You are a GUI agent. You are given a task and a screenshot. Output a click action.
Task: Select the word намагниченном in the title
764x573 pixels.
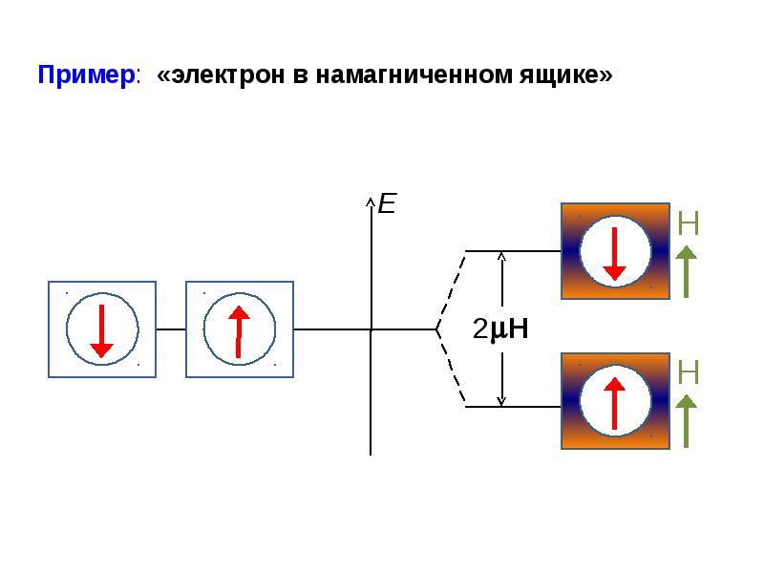414,75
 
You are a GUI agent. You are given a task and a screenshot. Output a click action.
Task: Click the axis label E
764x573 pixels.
388,203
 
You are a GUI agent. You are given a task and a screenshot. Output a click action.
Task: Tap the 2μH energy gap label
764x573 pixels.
500,329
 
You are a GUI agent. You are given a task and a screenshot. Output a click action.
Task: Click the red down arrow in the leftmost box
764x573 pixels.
101,331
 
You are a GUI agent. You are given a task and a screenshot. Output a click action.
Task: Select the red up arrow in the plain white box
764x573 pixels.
239,331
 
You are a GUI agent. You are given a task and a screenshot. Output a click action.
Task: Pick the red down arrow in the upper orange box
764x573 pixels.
614,254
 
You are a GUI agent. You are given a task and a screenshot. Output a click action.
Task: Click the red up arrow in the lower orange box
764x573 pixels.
614,404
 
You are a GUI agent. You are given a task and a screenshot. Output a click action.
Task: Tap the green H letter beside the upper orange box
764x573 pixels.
688,223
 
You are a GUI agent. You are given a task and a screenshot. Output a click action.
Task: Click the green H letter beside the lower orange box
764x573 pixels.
688,372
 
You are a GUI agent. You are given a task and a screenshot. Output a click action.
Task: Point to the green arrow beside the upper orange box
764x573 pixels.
686,271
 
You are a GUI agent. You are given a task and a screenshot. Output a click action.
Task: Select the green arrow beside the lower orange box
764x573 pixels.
686,421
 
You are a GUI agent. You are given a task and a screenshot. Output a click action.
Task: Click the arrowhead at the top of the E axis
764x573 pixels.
371,200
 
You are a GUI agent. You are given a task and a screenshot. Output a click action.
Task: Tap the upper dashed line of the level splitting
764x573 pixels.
451,290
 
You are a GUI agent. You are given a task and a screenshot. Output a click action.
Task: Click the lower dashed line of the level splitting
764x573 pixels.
451,368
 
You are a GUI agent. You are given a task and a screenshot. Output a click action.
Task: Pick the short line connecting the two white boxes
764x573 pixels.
171,329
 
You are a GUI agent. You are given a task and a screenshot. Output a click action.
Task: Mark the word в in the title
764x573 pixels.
300,77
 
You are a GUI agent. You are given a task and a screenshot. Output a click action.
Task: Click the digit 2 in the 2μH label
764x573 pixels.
480,329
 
